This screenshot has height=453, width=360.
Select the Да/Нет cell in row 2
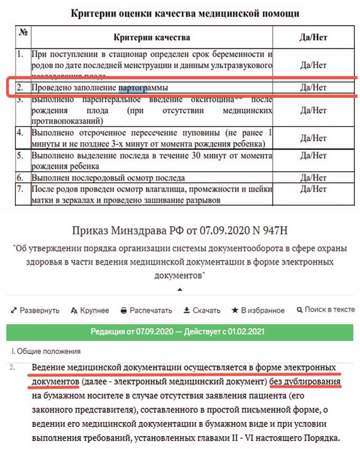click(x=313, y=88)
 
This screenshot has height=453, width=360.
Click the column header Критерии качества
click(x=152, y=38)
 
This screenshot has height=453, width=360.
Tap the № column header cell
click(x=23, y=33)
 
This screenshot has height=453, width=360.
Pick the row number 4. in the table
click(x=21, y=133)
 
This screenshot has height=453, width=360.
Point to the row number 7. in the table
click(x=21, y=189)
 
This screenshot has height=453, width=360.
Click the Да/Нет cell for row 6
click(x=313, y=177)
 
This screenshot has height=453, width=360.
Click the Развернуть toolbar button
click(x=35, y=310)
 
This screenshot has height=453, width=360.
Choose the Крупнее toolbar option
click(x=90, y=310)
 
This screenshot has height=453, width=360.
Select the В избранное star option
click(x=258, y=310)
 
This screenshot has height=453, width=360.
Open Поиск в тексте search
click(x=326, y=310)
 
